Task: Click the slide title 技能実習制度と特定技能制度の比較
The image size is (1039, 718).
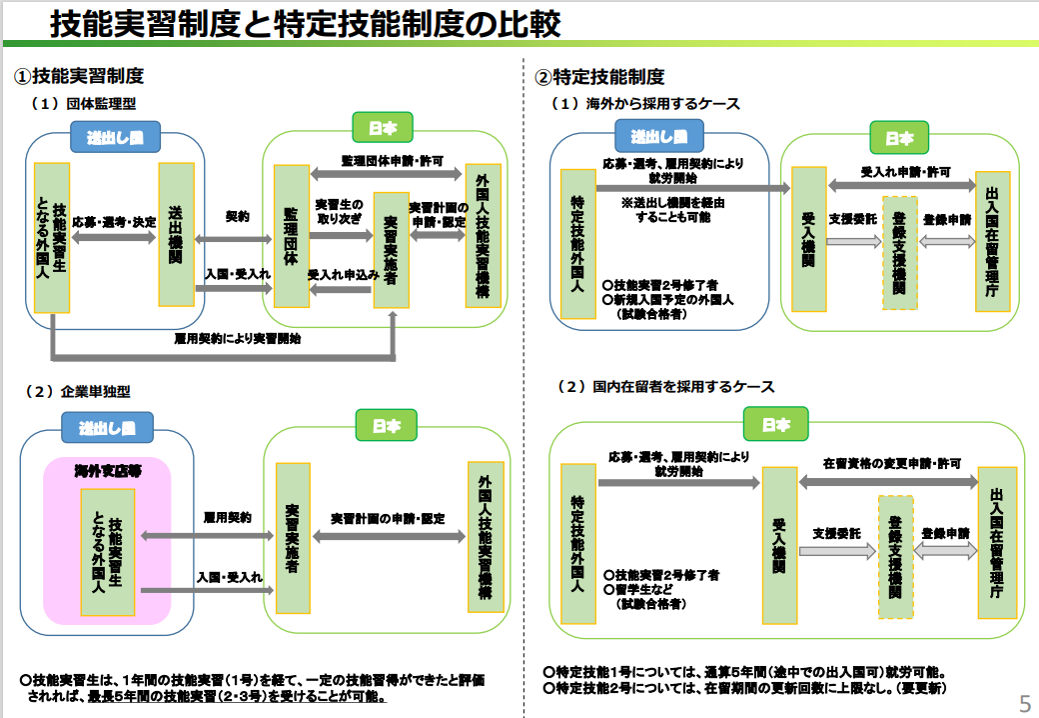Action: tap(305, 23)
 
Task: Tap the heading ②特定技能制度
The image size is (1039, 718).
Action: tap(599, 77)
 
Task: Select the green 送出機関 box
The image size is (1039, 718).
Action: tap(176, 234)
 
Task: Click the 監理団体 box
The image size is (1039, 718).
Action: tap(291, 235)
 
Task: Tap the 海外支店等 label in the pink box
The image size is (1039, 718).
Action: tap(107, 470)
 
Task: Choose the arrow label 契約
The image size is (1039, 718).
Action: tap(237, 216)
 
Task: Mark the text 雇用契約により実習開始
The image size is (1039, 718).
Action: tap(237, 338)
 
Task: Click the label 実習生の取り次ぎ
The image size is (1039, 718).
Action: tap(340, 211)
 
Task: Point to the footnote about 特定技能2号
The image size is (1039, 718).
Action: tap(744, 689)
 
